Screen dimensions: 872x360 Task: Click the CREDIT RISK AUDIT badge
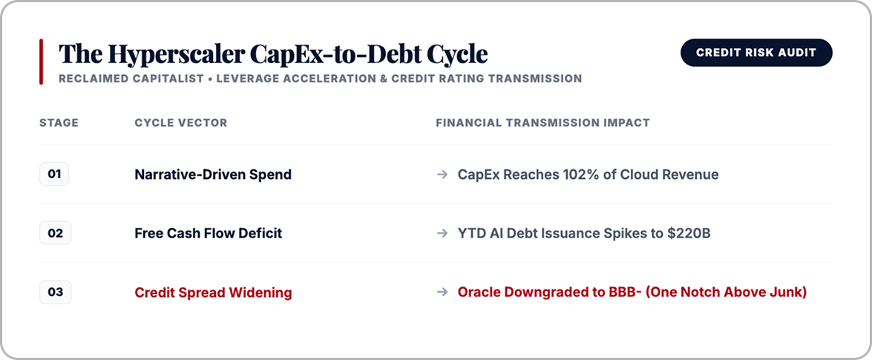[x=756, y=53]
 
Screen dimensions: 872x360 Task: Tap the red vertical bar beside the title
[x=41, y=62]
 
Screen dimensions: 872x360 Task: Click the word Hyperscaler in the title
[x=177, y=54]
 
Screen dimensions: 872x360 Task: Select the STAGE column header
[x=59, y=123]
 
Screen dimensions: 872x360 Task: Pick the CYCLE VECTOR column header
[x=181, y=123]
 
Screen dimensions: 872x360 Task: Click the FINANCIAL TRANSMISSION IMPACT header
[x=542, y=123]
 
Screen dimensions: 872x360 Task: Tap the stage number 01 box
[x=54, y=174]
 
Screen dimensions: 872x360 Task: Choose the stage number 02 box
[x=55, y=233]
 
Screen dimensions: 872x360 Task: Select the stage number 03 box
[x=55, y=292]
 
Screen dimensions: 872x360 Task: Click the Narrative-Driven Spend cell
[x=213, y=174]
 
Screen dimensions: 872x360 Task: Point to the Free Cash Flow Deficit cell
[x=209, y=234]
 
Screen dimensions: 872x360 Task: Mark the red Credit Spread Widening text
[x=214, y=292]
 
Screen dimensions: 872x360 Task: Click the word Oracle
[x=476, y=292]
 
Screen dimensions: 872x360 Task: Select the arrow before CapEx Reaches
[x=442, y=174]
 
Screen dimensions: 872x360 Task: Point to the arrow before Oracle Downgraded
[x=442, y=292]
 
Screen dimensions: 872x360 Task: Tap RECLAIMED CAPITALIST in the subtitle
[x=131, y=79]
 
